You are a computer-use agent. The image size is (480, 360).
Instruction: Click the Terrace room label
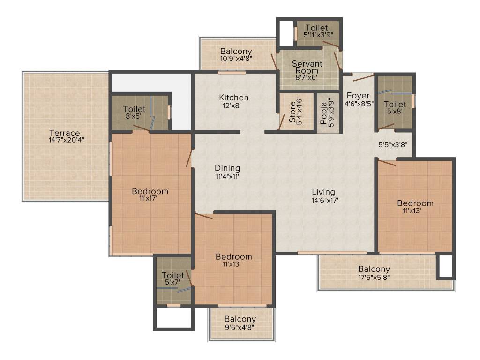pos(64,133)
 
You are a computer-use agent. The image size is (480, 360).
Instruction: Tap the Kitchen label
pos(233,97)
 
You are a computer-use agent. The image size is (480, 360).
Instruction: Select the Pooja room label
pos(324,111)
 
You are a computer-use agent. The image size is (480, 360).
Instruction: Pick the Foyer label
pos(358,96)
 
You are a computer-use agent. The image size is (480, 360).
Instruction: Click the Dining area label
pos(227,168)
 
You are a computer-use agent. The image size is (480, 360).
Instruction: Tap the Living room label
pos(323,192)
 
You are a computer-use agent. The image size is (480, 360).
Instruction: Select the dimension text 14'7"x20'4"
pos(66,140)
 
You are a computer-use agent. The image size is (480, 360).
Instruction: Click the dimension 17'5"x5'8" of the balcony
pos(374,277)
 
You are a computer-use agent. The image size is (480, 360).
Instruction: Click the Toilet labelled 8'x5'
pos(134,109)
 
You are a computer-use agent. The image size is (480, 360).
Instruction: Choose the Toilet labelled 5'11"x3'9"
pos(316,28)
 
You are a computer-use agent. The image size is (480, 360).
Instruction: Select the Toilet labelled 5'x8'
pos(395,104)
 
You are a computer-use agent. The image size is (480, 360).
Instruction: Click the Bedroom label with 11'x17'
pos(150,191)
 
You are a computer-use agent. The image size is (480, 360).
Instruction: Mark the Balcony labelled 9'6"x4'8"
pos(240,319)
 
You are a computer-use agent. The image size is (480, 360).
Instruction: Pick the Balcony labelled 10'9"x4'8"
pos(236,51)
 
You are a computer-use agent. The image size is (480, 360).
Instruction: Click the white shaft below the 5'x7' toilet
pos(173,318)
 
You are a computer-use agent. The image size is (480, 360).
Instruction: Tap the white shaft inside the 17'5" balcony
pos(445,266)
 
